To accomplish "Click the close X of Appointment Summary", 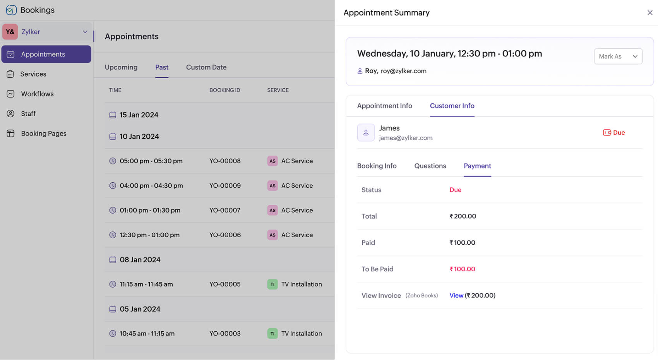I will tap(650, 13).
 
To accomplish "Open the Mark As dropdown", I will tap(618, 57).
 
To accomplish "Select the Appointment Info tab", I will tap(384, 106).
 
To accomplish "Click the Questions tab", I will tap(430, 166).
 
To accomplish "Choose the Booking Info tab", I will tap(377, 166).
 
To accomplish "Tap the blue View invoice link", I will tap(456, 295).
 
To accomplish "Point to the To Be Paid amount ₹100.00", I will tap(462, 269).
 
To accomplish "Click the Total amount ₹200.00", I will tap(463, 216).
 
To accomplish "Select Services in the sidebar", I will tap(33, 74).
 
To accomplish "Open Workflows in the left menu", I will tap(37, 94).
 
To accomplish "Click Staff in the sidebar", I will tap(28, 113).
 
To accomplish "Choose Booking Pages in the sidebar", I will tap(44, 134).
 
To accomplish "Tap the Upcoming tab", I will tap(121, 67).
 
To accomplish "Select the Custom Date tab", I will tap(206, 67).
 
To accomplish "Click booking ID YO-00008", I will tap(225, 161).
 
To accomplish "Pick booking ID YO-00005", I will tap(225, 284).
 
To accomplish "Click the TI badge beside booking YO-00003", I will tap(272, 334).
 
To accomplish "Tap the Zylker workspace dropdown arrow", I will tap(85, 32).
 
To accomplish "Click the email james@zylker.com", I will tap(406, 138).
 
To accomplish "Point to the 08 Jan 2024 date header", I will tap(140, 260).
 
